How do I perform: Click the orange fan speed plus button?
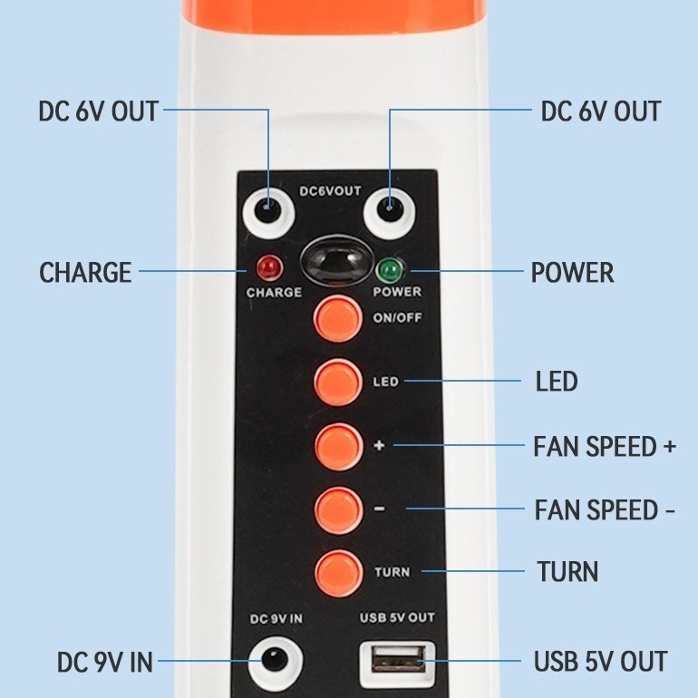click(x=337, y=445)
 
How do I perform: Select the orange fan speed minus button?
click(x=337, y=509)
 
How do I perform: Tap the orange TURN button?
click(x=337, y=572)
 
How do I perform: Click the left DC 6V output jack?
click(x=267, y=211)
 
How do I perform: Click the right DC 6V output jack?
click(x=391, y=211)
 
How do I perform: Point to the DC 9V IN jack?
click(x=274, y=662)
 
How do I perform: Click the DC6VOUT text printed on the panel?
click(x=330, y=191)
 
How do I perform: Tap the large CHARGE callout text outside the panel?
click(x=85, y=273)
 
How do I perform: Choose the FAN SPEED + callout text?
click(x=605, y=447)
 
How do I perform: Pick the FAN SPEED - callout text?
click(x=605, y=510)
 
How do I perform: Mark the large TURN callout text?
click(x=567, y=572)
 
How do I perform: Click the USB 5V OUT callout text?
click(x=600, y=662)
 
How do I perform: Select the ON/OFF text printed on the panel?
click(x=397, y=318)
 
